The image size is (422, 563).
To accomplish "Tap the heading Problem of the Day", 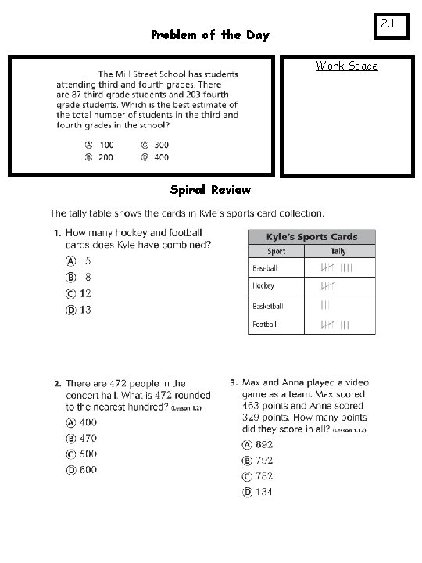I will tap(210, 35).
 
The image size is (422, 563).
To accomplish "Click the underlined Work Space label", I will tap(346, 66).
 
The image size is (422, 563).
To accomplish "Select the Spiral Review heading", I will tap(210, 190).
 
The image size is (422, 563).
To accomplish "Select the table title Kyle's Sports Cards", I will tap(311, 236).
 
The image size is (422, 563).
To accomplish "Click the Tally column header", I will tap(338, 252).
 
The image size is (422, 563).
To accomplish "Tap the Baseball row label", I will tap(265, 267).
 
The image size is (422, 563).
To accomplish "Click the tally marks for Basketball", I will tap(325, 305).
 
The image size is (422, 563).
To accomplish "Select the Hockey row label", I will tap(263, 286).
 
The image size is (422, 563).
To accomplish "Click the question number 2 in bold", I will tap(57, 384).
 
